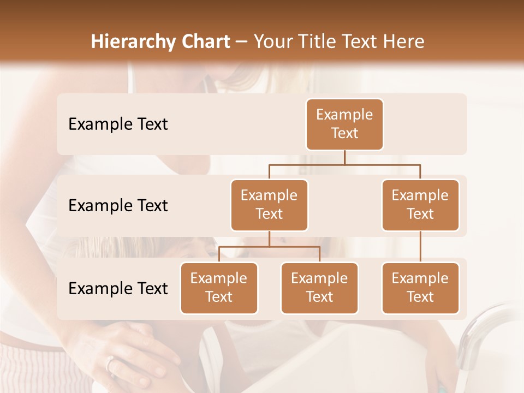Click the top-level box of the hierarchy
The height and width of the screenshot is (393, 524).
coord(344,124)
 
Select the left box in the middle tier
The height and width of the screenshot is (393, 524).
coord(269,205)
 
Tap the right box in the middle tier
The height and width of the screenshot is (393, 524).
coord(420,205)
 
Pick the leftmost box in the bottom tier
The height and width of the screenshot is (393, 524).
coord(219,288)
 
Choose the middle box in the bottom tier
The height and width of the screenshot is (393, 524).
coord(319,288)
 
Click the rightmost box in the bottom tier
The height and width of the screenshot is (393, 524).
coord(420,288)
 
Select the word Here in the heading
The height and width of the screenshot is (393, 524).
coord(403,41)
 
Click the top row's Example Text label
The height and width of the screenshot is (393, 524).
coord(118,124)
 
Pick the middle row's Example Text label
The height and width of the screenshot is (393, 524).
coord(118,205)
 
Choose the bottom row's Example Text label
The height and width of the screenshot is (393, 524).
coord(118,288)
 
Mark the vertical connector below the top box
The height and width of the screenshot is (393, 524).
coord(344,157)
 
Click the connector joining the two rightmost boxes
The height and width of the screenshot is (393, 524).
coord(420,247)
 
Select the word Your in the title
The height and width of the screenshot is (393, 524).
coord(271,41)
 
